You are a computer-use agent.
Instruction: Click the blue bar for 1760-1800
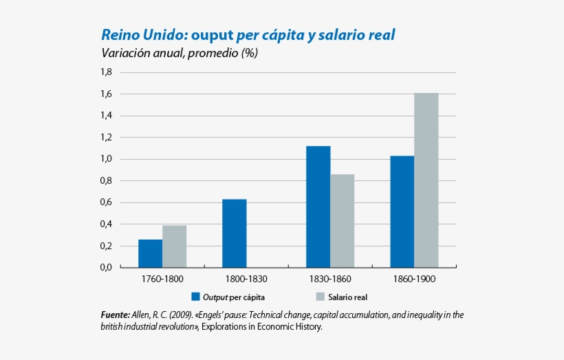click(150, 253)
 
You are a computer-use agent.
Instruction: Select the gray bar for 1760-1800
click(174, 246)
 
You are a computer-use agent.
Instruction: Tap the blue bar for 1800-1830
click(234, 233)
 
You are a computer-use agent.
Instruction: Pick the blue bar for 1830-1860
click(318, 207)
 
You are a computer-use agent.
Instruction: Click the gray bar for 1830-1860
click(342, 221)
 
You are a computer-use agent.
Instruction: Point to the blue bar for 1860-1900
click(402, 211)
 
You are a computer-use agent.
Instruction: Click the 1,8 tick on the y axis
click(106, 72)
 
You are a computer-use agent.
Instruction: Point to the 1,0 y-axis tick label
click(106, 159)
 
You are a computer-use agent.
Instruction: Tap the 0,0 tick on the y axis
click(106, 268)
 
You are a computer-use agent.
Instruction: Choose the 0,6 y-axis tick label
click(106, 202)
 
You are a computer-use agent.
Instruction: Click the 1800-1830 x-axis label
click(246, 279)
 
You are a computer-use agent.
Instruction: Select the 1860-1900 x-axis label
click(415, 279)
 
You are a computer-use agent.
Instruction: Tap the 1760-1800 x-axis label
click(162, 279)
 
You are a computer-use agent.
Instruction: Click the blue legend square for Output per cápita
click(196, 297)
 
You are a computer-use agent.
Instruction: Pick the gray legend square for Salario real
click(320, 297)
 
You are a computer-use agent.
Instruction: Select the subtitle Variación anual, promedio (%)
click(180, 54)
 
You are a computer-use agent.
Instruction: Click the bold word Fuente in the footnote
click(115, 315)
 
